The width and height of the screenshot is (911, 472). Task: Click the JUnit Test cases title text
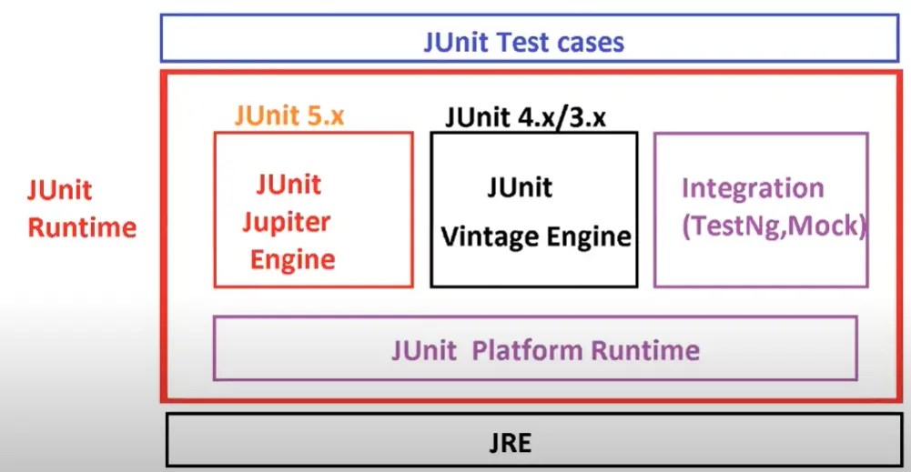coord(523,42)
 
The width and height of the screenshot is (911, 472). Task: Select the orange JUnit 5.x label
coord(288,116)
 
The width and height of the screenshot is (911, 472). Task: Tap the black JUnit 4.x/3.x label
coord(525,118)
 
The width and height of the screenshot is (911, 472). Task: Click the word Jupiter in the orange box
coord(292,221)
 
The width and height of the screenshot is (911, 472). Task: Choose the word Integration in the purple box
coord(752,188)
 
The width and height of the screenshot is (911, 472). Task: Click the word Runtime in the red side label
coord(82,226)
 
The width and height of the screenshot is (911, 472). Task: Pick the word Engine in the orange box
coord(292,259)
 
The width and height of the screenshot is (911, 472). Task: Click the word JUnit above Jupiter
coord(288,184)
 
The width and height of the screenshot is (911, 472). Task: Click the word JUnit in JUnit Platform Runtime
coord(424,350)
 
